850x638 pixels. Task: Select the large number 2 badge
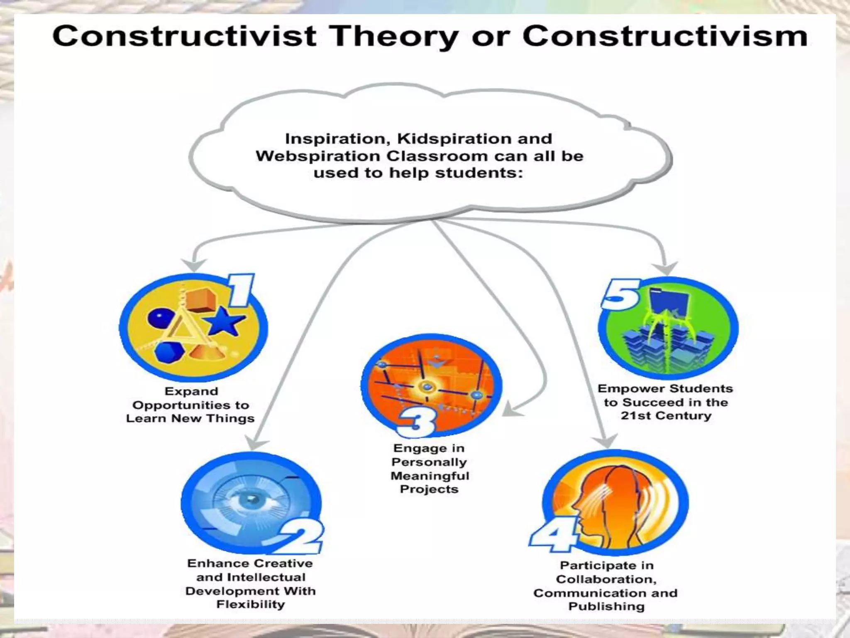pyautogui.click(x=302, y=537)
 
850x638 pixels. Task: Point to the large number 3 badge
pyautogui.click(x=416, y=423)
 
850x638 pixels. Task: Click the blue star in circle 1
pyautogui.click(x=225, y=321)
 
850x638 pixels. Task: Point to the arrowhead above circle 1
pyautogui.click(x=194, y=265)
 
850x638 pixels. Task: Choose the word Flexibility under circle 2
pyautogui.click(x=251, y=604)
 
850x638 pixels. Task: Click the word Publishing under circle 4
pyautogui.click(x=606, y=606)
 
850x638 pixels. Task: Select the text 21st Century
pyautogui.click(x=666, y=416)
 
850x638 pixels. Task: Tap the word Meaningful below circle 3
pyautogui.click(x=430, y=476)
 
